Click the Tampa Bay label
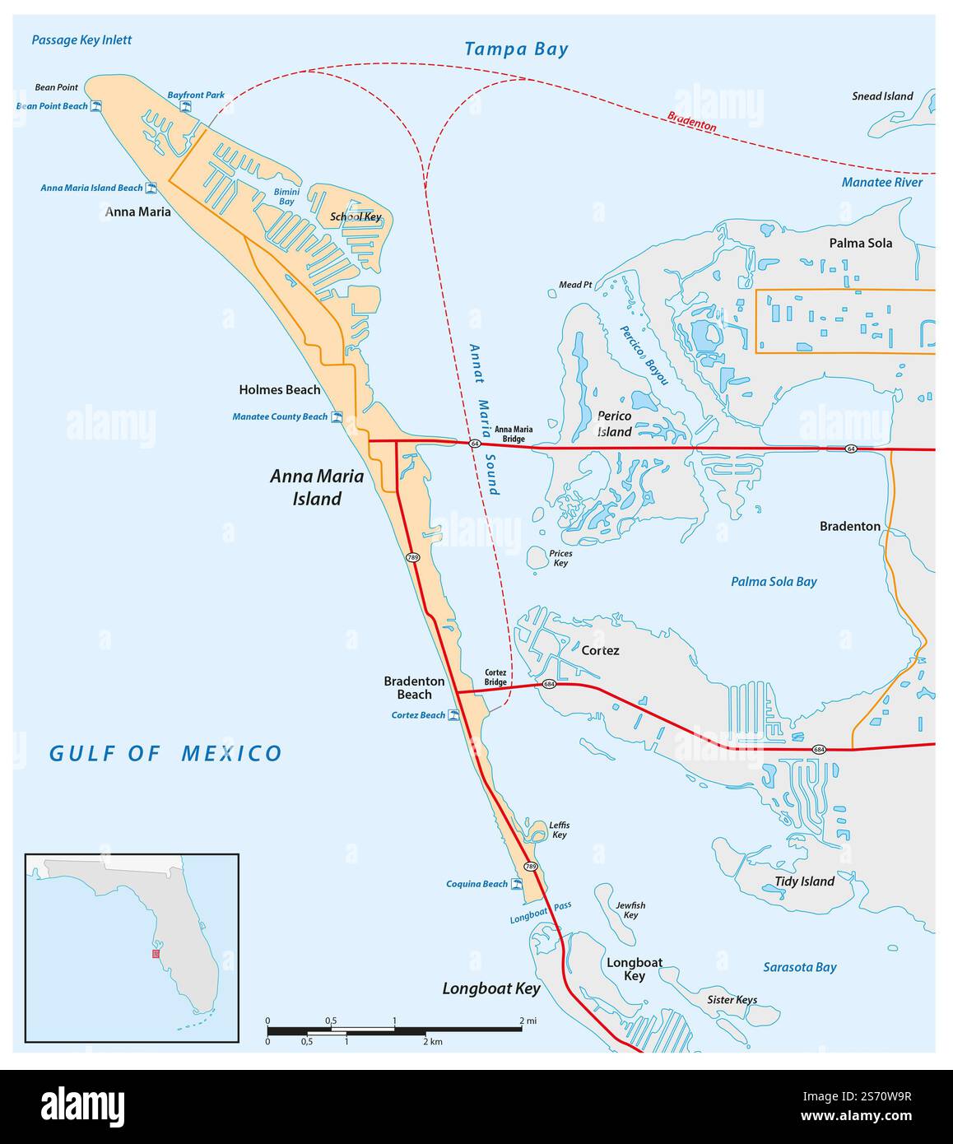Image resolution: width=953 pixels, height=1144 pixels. pyautogui.click(x=516, y=49)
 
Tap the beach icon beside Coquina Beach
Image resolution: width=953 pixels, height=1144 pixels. pyautogui.click(x=517, y=884)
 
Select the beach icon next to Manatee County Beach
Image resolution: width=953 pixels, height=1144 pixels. pyautogui.click(x=336, y=416)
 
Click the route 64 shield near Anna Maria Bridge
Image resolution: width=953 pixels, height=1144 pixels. pyautogui.click(x=475, y=444)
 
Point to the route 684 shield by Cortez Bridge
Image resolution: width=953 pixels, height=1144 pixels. pyautogui.click(x=549, y=685)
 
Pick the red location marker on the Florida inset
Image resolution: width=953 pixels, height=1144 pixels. pyautogui.click(x=156, y=954)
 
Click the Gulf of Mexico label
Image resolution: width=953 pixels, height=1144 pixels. pyautogui.click(x=165, y=753)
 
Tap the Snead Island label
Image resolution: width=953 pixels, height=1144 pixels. pyautogui.click(x=882, y=96)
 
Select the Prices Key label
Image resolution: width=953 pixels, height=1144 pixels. pyautogui.click(x=560, y=558)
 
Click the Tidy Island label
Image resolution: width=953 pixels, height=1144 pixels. pyautogui.click(x=804, y=881)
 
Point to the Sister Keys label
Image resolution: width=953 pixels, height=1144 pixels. pyautogui.click(x=732, y=1000)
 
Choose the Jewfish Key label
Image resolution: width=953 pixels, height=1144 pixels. pyautogui.click(x=630, y=910)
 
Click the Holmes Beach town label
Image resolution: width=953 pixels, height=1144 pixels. pyautogui.click(x=279, y=389)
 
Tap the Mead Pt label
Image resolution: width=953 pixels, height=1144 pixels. pyautogui.click(x=575, y=285)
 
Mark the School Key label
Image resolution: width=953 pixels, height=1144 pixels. pyautogui.click(x=356, y=217)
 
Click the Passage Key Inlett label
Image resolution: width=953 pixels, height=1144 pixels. pyautogui.click(x=81, y=40)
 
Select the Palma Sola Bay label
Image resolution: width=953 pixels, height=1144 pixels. pyautogui.click(x=774, y=582)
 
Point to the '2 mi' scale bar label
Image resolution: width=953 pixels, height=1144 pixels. pyautogui.click(x=528, y=1021)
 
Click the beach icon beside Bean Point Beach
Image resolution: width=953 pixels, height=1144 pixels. pyautogui.click(x=96, y=106)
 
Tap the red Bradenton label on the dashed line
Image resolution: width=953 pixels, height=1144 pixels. pyautogui.click(x=691, y=122)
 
